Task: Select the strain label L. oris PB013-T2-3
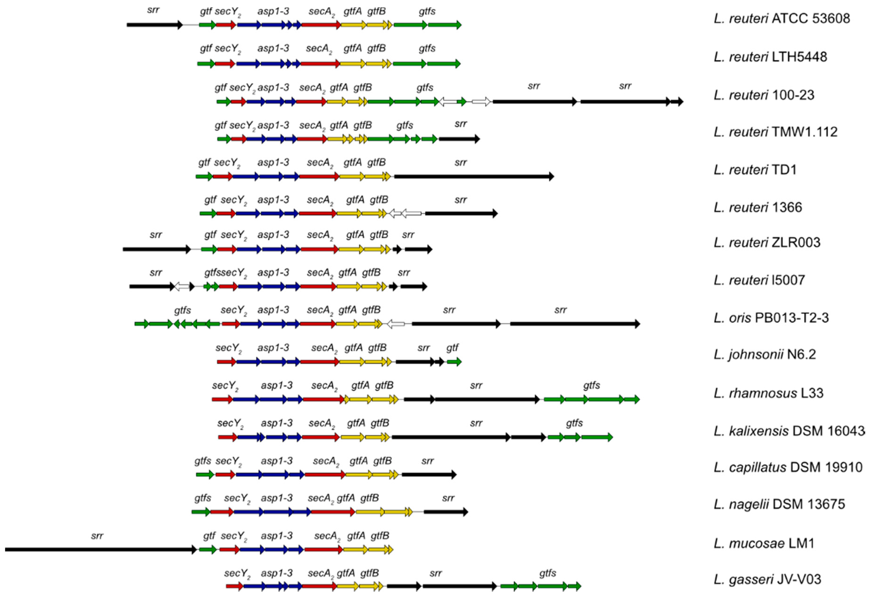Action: click(x=771, y=318)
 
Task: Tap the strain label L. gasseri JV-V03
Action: click(x=767, y=579)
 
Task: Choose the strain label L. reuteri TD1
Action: click(x=755, y=170)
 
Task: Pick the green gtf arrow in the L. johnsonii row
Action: click(x=454, y=362)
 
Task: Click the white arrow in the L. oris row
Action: click(x=396, y=324)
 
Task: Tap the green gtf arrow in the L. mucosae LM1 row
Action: click(x=208, y=550)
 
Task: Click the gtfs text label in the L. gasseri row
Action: click(x=548, y=573)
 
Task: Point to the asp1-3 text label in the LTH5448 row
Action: click(x=273, y=48)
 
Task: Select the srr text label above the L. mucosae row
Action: click(x=97, y=536)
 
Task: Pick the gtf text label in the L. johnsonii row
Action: click(x=452, y=348)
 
